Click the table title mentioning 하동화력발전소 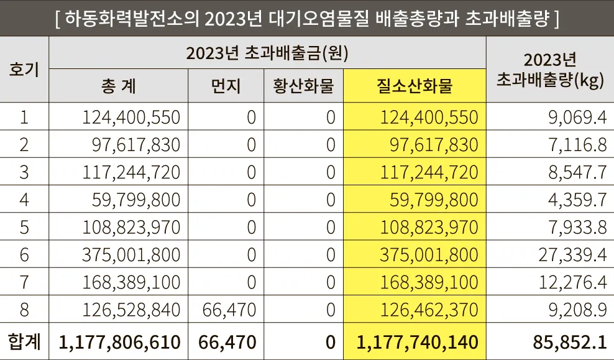[x=307, y=19]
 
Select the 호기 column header [x=24, y=69]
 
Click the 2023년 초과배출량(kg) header [x=550, y=70]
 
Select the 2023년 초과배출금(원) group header [x=267, y=53]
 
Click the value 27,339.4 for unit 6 [x=570, y=254]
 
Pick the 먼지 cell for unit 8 [x=229, y=310]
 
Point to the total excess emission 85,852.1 [x=569, y=342]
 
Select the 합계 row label [x=24, y=341]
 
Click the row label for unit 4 [x=24, y=200]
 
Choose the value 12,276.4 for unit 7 [x=570, y=282]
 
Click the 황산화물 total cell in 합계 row [x=330, y=342]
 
